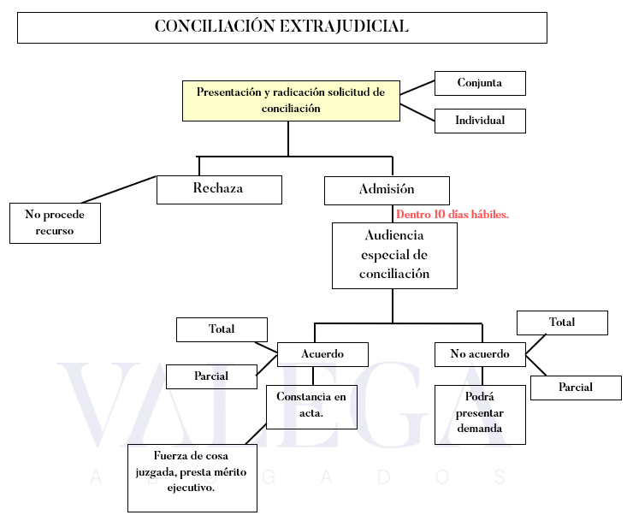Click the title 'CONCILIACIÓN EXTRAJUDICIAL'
pyautogui.click(x=281, y=27)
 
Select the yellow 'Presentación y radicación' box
pyautogui.click(x=291, y=100)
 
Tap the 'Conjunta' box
pyautogui.click(x=479, y=83)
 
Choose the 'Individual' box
pyautogui.click(x=479, y=121)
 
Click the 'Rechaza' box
pyautogui.click(x=219, y=189)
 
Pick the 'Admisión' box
pyautogui.click(x=387, y=190)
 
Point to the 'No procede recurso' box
pyautogui.click(x=55, y=222)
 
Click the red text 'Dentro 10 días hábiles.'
pyautogui.click(x=453, y=214)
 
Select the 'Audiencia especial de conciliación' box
pyautogui.click(x=394, y=255)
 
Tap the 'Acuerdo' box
pyautogui.click(x=322, y=354)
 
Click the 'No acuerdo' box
pyautogui.click(x=479, y=354)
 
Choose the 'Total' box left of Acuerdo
pyautogui.click(x=222, y=329)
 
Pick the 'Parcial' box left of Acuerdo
pyautogui.click(x=210, y=376)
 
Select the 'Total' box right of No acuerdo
pyautogui.click(x=562, y=323)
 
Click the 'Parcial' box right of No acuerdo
pyautogui.click(x=575, y=388)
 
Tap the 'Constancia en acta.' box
pyautogui.click(x=311, y=406)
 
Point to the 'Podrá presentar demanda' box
pyautogui.click(x=479, y=414)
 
